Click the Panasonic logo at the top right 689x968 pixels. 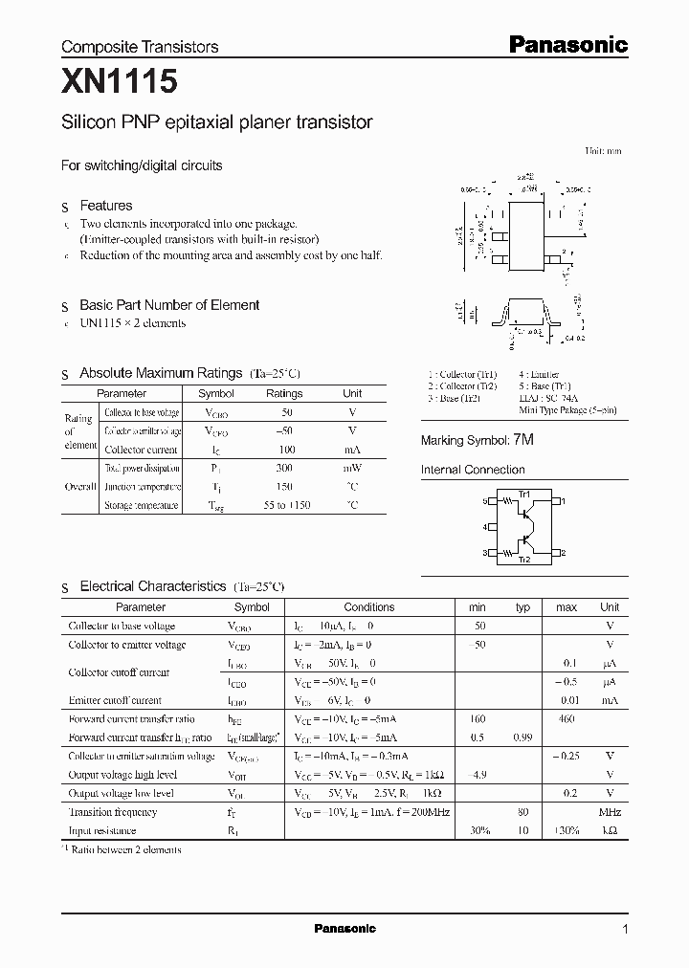click(x=567, y=44)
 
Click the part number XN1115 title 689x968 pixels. click(x=120, y=83)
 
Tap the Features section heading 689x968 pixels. click(x=105, y=206)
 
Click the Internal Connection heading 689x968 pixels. click(x=473, y=470)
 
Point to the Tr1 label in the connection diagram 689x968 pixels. click(x=523, y=494)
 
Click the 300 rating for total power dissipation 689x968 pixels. click(x=284, y=468)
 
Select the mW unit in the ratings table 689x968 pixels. click(x=352, y=468)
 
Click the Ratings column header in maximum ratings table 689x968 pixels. click(x=284, y=393)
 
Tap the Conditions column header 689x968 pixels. click(x=368, y=607)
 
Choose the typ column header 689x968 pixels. click(x=522, y=607)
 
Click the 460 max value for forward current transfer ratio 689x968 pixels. click(x=567, y=718)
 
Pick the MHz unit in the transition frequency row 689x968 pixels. click(x=610, y=812)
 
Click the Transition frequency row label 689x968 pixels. click(x=112, y=812)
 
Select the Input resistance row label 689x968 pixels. click(x=102, y=830)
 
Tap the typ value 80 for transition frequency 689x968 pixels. click(x=523, y=812)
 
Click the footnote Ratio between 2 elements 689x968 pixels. click(x=124, y=849)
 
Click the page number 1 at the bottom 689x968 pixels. click(x=625, y=930)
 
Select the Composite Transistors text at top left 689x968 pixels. click(x=140, y=46)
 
